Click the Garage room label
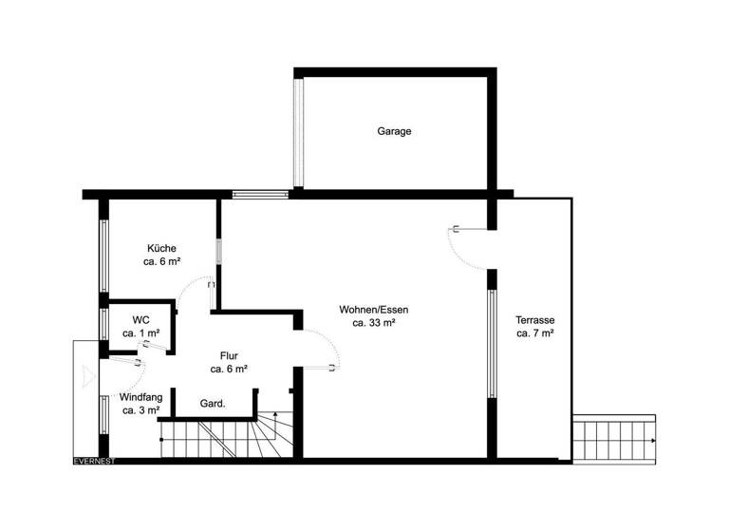(x=394, y=131)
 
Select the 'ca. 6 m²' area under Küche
(x=162, y=261)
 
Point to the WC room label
(x=140, y=319)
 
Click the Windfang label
(x=141, y=396)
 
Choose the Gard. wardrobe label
(x=213, y=404)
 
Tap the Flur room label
(x=229, y=354)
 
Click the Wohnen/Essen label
(x=373, y=309)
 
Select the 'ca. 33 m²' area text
(x=373, y=323)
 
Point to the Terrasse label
(x=535, y=319)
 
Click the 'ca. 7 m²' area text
(x=535, y=333)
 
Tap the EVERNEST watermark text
(x=95, y=462)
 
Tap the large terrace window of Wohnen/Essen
(x=492, y=342)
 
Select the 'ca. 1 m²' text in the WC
(x=140, y=333)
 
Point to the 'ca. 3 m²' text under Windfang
(x=141, y=410)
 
